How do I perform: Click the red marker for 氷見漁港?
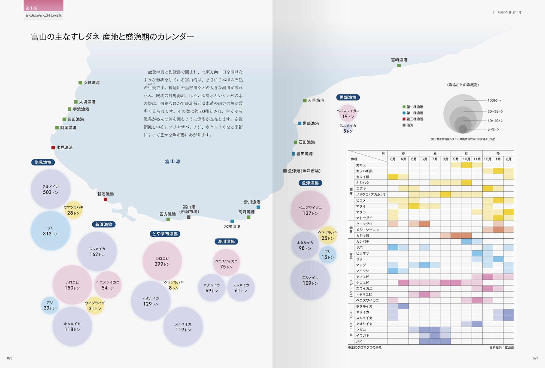coord(53,147)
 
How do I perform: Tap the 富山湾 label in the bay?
coord(172,162)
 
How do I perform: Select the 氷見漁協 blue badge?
coord(43,162)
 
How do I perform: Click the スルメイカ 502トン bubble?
coord(50,189)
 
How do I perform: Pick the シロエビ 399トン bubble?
coord(162,261)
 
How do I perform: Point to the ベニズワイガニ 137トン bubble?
coord(310,210)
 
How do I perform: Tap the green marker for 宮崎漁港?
coord(399,65)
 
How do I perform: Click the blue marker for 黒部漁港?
coord(300,123)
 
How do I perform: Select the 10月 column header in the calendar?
coord(466,159)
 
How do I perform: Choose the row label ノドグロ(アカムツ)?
coord(370,194)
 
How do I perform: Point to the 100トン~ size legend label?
coord(494,101)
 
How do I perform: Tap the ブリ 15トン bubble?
coord(328,255)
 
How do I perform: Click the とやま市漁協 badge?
coord(165,234)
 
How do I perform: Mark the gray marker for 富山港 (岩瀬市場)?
coord(189,217)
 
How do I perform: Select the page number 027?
coord(535,358)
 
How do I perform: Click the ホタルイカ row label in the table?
coord(364,306)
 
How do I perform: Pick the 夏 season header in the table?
coord(435,153)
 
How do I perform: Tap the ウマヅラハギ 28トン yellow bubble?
coord(73,210)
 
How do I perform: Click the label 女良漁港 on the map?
coord(92,83)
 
